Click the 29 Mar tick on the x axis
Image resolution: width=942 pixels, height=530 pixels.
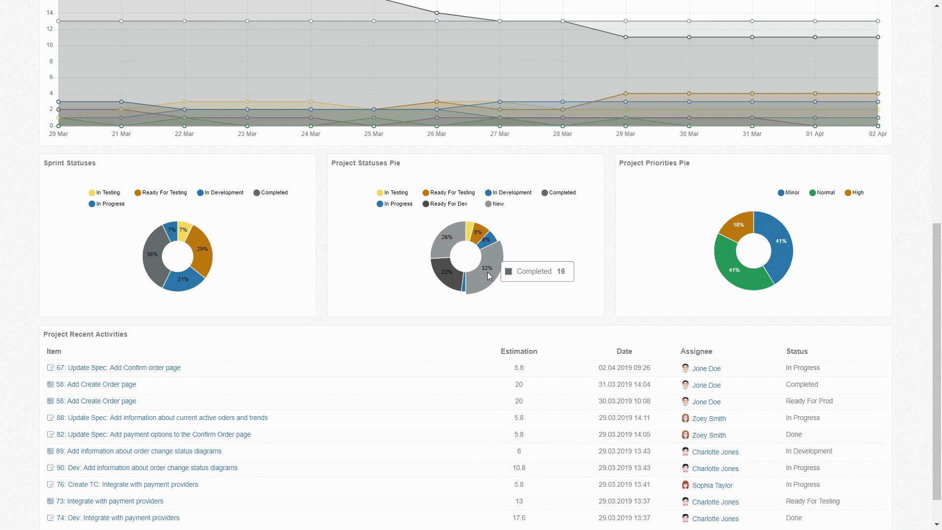coord(626,134)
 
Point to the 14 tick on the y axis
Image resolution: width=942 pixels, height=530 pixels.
coord(50,13)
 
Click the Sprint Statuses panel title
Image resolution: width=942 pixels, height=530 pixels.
coord(70,163)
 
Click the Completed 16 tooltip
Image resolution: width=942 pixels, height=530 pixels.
coord(537,271)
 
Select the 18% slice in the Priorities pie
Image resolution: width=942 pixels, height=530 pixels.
coord(737,225)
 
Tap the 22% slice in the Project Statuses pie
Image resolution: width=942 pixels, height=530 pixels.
coord(446,273)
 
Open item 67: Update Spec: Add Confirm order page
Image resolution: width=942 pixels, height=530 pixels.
coord(118,368)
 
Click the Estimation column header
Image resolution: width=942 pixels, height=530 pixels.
coord(519,351)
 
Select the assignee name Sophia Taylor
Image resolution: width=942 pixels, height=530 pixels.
coord(712,485)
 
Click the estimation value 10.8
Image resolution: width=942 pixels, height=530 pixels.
coord(519,468)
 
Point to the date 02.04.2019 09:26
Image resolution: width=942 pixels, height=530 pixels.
coord(624,368)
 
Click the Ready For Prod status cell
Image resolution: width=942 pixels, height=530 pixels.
coord(809,401)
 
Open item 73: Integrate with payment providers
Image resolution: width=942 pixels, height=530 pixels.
coord(109,501)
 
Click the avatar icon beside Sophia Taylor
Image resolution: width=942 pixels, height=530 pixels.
coord(685,485)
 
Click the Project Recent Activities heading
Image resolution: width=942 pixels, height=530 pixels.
coord(85,334)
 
